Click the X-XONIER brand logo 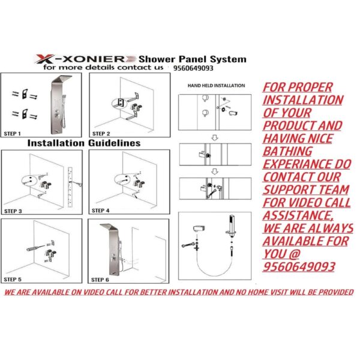pos(85,59)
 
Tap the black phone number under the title pos(193,68)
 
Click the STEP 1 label pos(12,134)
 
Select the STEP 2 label pos(101,134)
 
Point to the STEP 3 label pos(13,211)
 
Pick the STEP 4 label pos(101,211)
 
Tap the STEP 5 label pos(13,279)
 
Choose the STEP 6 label pos(100,280)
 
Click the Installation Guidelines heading pos(84,143)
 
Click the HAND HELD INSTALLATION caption pos(216,86)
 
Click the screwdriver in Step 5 pos(35,248)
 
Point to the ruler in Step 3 pos(70,188)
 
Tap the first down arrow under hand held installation pos(214,138)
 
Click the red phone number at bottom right pos(299,266)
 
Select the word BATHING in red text pos(287,151)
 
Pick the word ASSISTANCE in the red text pos(298,215)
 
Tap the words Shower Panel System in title pos(193,59)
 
